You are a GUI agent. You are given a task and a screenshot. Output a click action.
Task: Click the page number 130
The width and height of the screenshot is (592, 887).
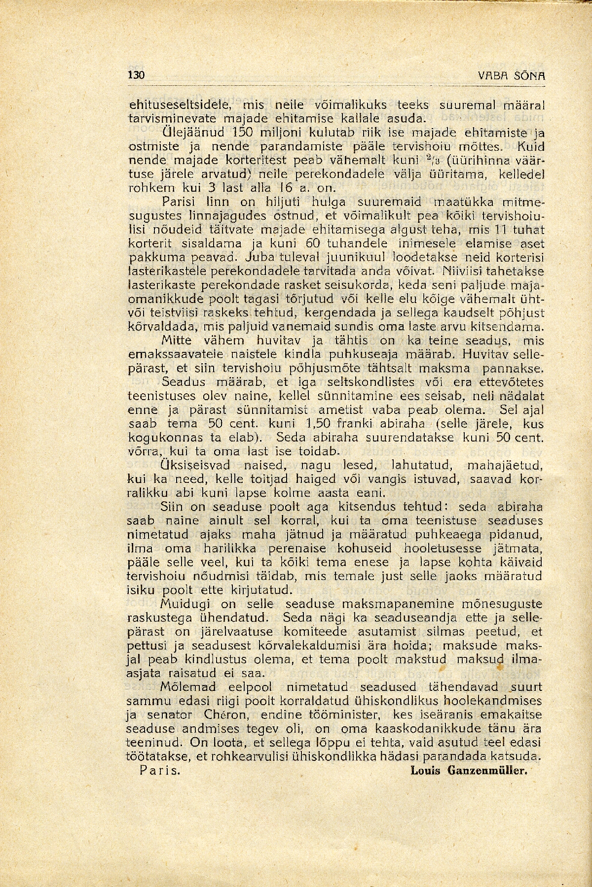coord(135,75)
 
